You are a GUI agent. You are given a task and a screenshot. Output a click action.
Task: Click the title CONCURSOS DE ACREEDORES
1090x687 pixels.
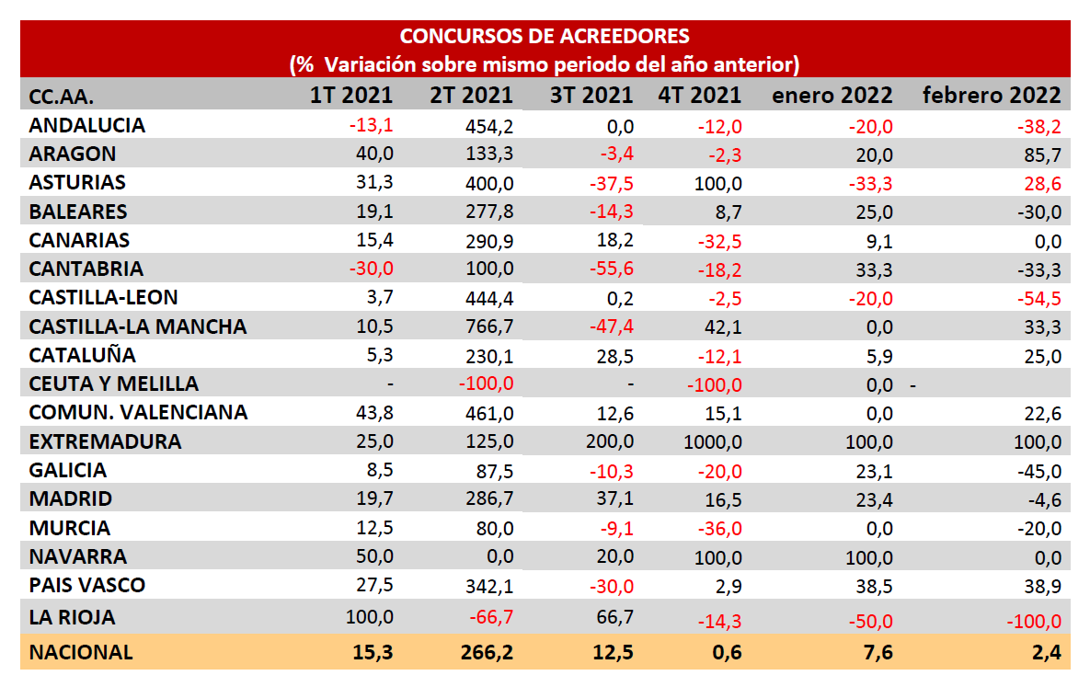(545, 37)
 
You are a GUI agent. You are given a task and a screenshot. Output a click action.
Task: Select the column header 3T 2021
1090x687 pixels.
(591, 95)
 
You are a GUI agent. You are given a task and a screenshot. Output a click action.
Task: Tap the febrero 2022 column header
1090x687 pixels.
(992, 95)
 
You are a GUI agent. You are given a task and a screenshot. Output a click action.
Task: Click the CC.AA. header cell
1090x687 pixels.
(62, 96)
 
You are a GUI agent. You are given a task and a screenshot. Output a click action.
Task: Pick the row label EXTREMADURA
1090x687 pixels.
(105, 441)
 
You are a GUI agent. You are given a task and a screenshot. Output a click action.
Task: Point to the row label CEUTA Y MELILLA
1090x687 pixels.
(114, 384)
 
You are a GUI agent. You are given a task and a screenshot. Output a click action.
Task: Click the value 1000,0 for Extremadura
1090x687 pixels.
(713, 441)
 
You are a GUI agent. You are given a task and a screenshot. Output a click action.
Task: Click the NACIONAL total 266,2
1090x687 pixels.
(485, 652)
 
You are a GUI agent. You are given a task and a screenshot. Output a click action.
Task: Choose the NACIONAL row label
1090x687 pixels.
(81, 652)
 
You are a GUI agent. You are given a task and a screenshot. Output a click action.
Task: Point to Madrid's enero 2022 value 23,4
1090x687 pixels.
(872, 499)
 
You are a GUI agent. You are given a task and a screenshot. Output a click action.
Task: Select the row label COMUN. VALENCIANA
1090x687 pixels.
(138, 413)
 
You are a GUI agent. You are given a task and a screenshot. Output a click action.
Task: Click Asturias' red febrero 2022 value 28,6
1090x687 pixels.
(1041, 183)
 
